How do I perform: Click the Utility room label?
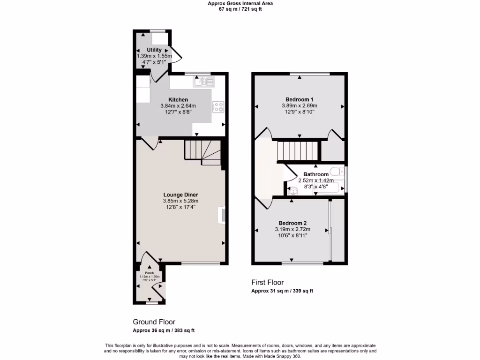pos(154,50)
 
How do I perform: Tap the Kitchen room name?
pos(178,100)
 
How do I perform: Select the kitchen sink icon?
pos(203,82)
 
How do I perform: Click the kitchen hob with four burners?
pos(218,107)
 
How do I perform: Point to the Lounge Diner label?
pos(180,195)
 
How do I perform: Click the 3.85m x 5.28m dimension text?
pos(180,201)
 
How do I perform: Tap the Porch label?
pos(149,273)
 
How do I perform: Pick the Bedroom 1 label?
pos(300,99)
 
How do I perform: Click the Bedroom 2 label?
pos(292,223)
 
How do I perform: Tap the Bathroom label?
pos(316,174)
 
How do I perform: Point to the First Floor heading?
pos(268,282)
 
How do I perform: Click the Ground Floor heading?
pos(154,322)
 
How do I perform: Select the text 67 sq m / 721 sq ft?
pos(240,9)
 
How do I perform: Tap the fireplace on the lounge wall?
pos(222,214)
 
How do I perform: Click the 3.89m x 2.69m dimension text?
pos(300,106)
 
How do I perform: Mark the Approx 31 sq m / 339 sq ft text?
pos(282,291)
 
